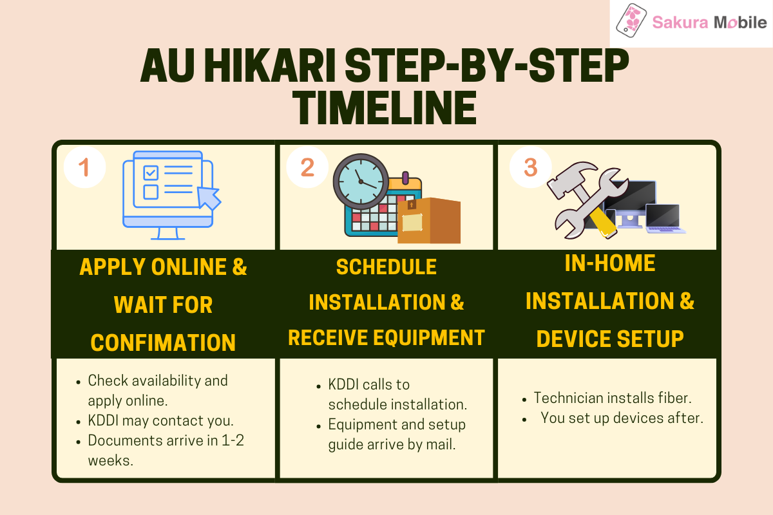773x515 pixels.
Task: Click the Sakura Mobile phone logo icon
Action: tap(631, 21)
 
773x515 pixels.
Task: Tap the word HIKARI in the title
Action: tap(269, 66)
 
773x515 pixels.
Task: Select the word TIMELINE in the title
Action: tap(385, 108)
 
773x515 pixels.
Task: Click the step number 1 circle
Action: tap(84, 167)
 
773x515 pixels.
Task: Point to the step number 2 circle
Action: tap(307, 167)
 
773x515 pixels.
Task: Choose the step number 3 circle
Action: tap(530, 167)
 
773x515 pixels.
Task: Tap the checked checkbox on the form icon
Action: tap(151, 173)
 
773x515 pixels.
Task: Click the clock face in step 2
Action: tap(361, 182)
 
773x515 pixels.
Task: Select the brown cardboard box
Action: tap(429, 221)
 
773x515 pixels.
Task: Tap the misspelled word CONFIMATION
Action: tap(163, 343)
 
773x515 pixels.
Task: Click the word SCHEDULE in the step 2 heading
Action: tap(386, 267)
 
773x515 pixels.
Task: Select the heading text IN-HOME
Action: tap(610, 263)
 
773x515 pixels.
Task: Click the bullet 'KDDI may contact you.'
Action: tap(160, 421)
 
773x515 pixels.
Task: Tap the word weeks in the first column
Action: tap(110, 461)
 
